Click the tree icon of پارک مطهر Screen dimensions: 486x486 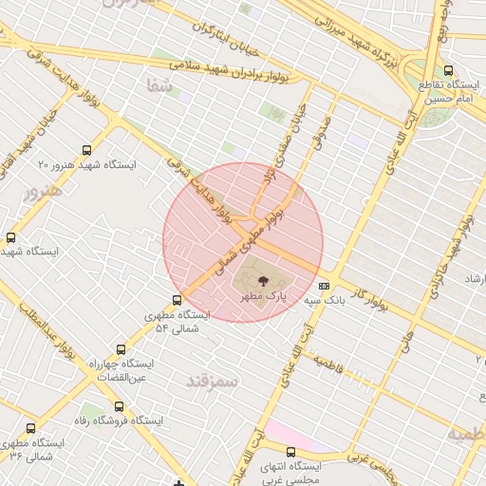pyautogui.click(x=263, y=280)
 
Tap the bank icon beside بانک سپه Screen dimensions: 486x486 pyautogui.click(x=324, y=285)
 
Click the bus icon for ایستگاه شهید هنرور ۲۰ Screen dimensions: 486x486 pyautogui.click(x=87, y=150)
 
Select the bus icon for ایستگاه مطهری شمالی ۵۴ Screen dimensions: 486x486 pyautogui.click(x=152, y=300)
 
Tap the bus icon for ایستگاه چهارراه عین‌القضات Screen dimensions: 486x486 pyautogui.click(x=120, y=349)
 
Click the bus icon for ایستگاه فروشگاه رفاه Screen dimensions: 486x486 pyautogui.click(x=119, y=405)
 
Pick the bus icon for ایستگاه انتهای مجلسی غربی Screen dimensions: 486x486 pyautogui.click(x=290, y=452)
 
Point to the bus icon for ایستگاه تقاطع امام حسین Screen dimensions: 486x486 pyautogui.click(x=449, y=69)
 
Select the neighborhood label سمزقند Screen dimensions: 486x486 pyautogui.click(x=211, y=380)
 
